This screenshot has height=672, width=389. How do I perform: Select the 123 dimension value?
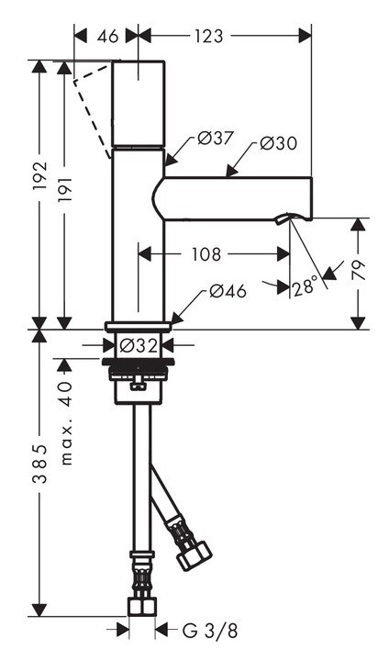pyautogui.click(x=210, y=37)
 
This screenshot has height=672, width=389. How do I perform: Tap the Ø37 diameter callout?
pyautogui.click(x=217, y=140)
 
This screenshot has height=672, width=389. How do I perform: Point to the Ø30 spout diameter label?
pyautogui.click(x=278, y=143)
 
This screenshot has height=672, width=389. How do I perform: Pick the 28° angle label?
pyautogui.click(x=306, y=286)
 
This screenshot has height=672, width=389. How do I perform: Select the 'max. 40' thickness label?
pyautogui.click(x=65, y=423)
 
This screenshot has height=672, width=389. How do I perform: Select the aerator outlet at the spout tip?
pyautogui.click(x=287, y=218)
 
